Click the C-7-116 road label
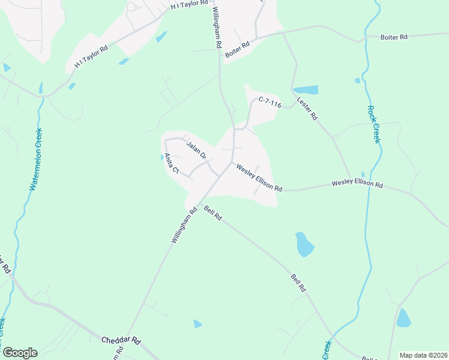click(x=270, y=103)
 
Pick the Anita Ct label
click(x=172, y=163)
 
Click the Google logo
click(x=20, y=353)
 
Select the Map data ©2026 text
click(x=423, y=355)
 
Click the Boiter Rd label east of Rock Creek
click(x=394, y=37)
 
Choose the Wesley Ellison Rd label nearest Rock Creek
click(x=357, y=184)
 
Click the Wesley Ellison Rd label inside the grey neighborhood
click(x=259, y=178)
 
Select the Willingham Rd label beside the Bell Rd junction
click(x=184, y=224)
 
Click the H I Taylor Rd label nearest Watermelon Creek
click(x=91, y=56)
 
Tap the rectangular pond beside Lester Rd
click(x=306, y=90)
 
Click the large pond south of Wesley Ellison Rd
click(x=304, y=244)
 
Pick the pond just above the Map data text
click(x=404, y=317)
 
